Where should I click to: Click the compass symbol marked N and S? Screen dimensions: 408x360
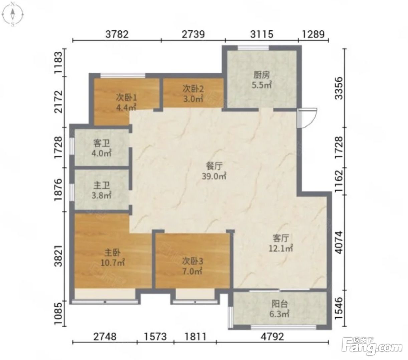click(13, 14)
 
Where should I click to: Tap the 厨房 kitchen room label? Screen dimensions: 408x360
click(261, 75)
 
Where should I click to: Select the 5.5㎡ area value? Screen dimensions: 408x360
click(261, 85)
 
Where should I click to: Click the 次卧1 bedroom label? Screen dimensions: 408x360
click(126, 98)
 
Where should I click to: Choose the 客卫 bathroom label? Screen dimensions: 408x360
click(101, 144)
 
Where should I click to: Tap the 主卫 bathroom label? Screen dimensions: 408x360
click(101, 186)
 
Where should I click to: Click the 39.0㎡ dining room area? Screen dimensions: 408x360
click(214, 176)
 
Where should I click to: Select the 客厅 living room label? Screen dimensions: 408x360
click(281, 239)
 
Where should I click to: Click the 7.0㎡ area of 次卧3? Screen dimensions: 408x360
click(193, 272)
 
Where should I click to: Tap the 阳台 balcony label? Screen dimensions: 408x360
click(279, 304)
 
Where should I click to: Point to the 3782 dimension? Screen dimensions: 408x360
click(117, 34)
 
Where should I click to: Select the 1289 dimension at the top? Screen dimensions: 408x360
click(314, 34)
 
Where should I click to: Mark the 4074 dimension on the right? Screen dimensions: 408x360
click(339, 242)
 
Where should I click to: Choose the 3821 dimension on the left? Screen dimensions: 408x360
click(59, 256)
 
